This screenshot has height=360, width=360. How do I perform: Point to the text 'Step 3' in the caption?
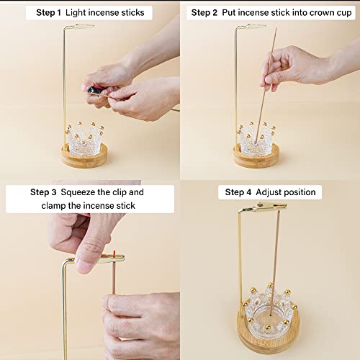pyautogui.click(x=43, y=192)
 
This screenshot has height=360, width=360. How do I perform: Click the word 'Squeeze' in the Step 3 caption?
pyautogui.click(x=82, y=192)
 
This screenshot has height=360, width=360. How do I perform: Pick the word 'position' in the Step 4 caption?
pyautogui.click(x=303, y=192)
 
